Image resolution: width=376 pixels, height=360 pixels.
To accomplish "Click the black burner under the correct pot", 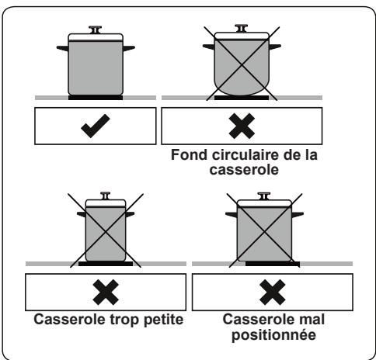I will (x=96, y=99).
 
